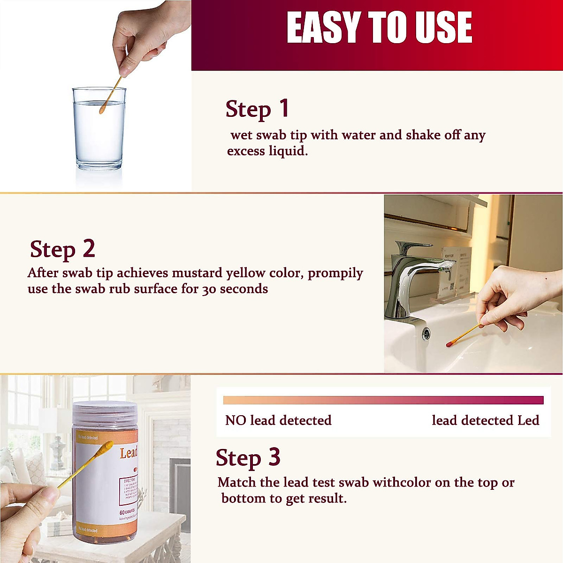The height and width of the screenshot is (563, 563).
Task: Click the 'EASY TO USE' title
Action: point(379,28)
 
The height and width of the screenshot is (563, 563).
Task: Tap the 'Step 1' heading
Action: point(257,109)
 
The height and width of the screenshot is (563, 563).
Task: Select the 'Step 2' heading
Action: point(62,249)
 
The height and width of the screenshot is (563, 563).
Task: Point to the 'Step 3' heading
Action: point(248,458)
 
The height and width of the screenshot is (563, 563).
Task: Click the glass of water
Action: point(99,131)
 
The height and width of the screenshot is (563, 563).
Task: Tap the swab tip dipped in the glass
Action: point(102,111)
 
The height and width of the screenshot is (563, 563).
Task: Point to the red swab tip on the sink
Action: point(449,343)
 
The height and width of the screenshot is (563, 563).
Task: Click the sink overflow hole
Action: point(426,334)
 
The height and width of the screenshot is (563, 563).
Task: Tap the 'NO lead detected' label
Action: point(278,420)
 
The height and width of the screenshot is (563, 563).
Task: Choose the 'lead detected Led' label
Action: point(485,420)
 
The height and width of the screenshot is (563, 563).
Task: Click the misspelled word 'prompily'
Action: point(335,274)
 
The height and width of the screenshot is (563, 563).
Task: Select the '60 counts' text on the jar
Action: point(127,511)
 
